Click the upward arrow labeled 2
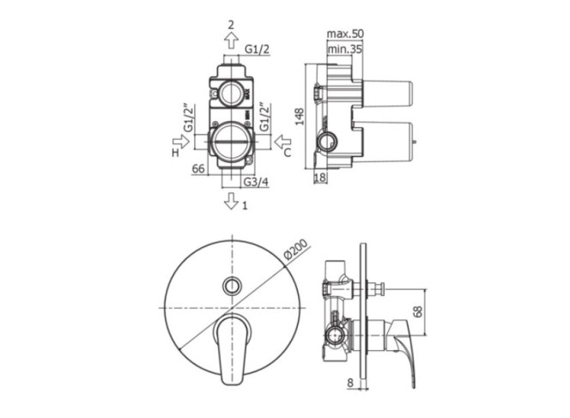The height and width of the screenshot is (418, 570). tap(231, 40)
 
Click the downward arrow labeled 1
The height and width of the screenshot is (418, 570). tap(231, 201)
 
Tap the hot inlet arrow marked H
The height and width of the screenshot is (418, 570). tap(181, 142)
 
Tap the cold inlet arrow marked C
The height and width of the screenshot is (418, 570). tap(282, 142)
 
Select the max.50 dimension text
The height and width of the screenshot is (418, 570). tap(345, 33)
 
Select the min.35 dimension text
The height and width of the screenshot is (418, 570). tap(344, 49)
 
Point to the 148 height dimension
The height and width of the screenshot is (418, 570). tap(300, 117)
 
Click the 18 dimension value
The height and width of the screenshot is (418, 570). tap(320, 178)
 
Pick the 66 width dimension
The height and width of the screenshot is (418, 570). tap(198, 168)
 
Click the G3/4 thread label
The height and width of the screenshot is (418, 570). tap(256, 182)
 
